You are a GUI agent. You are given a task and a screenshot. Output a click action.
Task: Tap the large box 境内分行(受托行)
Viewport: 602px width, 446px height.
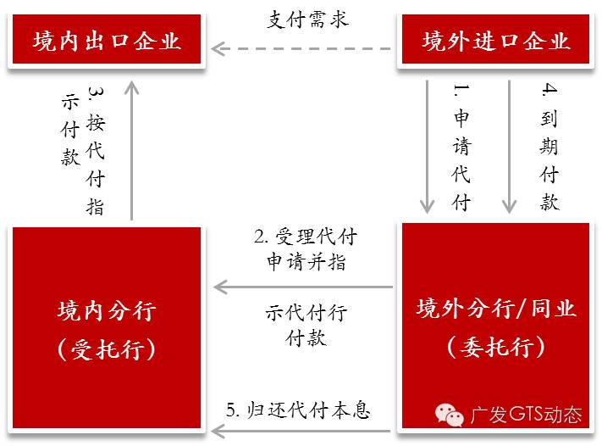coord(107,326)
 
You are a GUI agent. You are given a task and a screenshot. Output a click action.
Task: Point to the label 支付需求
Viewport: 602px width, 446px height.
coord(307,20)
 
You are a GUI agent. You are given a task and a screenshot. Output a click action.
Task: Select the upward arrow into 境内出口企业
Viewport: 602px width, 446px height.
coord(132,148)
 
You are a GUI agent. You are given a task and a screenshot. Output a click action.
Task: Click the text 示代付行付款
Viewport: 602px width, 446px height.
coord(306,325)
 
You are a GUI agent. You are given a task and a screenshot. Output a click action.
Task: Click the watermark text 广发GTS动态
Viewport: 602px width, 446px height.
coord(526,415)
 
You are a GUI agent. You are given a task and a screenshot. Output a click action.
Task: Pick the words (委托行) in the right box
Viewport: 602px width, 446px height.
coord(495,347)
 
